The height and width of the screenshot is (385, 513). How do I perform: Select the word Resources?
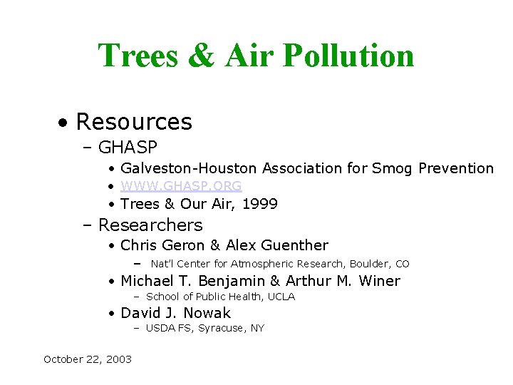tap(134, 122)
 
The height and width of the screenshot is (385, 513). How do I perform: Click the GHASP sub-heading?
tap(128, 148)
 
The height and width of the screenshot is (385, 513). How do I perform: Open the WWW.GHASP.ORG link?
tap(181, 186)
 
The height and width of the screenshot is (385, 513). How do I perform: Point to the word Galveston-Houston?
tap(189, 168)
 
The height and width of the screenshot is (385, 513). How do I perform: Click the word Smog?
tap(392, 168)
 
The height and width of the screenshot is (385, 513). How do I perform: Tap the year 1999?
tap(260, 204)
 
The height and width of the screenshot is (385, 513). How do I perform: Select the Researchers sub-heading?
tap(150, 225)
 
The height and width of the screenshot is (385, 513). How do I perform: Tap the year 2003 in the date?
tap(118, 359)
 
